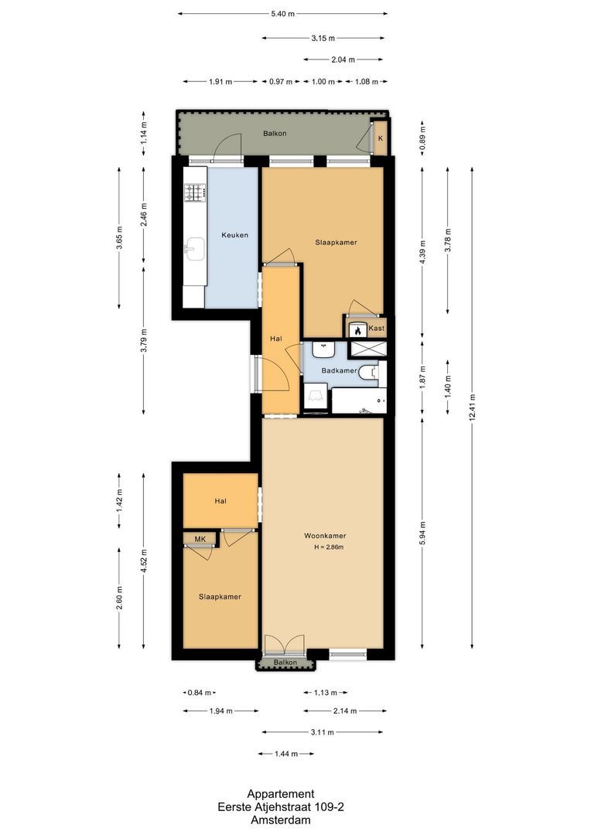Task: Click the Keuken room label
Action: (235, 235)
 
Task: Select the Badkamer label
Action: (340, 370)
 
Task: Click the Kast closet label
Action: (377, 329)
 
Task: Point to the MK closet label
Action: (200, 539)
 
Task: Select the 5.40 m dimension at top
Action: (282, 14)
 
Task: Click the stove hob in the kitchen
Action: (195, 193)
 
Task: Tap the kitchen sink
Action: (194, 248)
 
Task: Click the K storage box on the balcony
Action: (380, 139)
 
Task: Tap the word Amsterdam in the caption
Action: (280, 819)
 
